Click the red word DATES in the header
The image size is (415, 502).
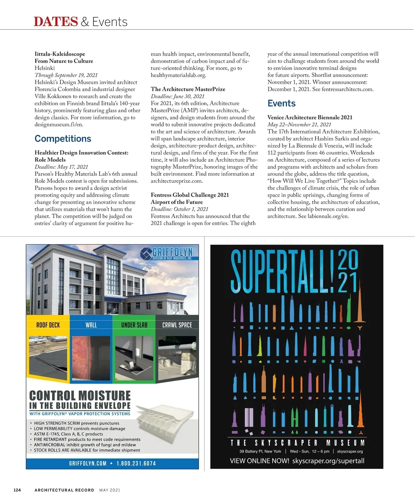(x=56, y=21)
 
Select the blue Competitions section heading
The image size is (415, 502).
(x=63, y=138)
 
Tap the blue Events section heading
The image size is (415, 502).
(x=281, y=103)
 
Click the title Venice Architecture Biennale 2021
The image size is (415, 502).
(x=310, y=117)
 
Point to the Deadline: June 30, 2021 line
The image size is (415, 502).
(x=177, y=96)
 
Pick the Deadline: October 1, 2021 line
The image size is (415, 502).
(x=179, y=209)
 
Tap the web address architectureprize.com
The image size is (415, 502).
(x=176, y=181)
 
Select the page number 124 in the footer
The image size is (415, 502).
(x=17, y=490)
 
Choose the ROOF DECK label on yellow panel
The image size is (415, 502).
(x=48, y=325)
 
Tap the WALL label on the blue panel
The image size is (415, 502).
(x=91, y=325)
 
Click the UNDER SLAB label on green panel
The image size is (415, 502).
(x=134, y=325)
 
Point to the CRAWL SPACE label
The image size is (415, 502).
(x=177, y=325)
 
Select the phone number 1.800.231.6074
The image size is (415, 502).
(x=136, y=463)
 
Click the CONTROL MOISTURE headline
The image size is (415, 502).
(x=80, y=396)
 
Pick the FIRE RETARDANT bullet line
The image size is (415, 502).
(x=87, y=439)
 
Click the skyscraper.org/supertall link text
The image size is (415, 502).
(x=328, y=461)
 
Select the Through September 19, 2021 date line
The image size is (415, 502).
(x=66, y=75)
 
